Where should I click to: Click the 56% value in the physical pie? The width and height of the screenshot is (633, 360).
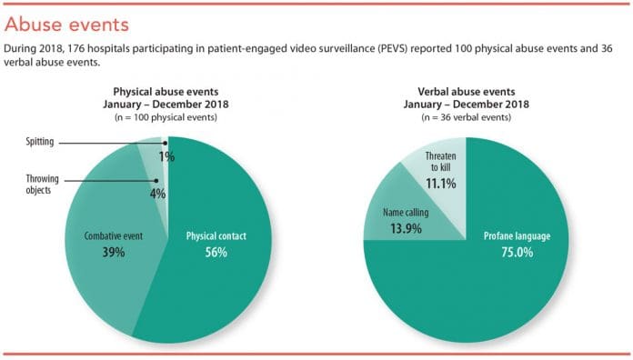click(x=216, y=252)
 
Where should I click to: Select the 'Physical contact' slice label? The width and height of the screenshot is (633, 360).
click(x=216, y=235)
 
